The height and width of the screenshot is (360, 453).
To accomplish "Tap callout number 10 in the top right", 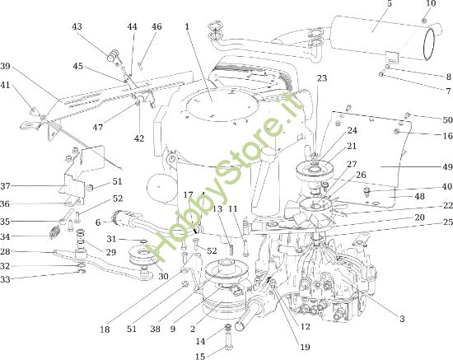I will point(429,4).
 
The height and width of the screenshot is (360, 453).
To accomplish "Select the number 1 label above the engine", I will point(188,27).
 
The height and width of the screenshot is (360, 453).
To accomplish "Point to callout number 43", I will point(77,26).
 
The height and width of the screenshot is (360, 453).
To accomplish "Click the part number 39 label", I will point(5,66).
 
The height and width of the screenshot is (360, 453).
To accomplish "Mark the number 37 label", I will point(5,185).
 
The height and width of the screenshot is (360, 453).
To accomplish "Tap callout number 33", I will point(5,280).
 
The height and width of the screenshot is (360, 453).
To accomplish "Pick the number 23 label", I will point(322,77).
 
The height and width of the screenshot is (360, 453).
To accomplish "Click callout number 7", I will point(447,91).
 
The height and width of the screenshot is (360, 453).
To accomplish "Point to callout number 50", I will point(447,119).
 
